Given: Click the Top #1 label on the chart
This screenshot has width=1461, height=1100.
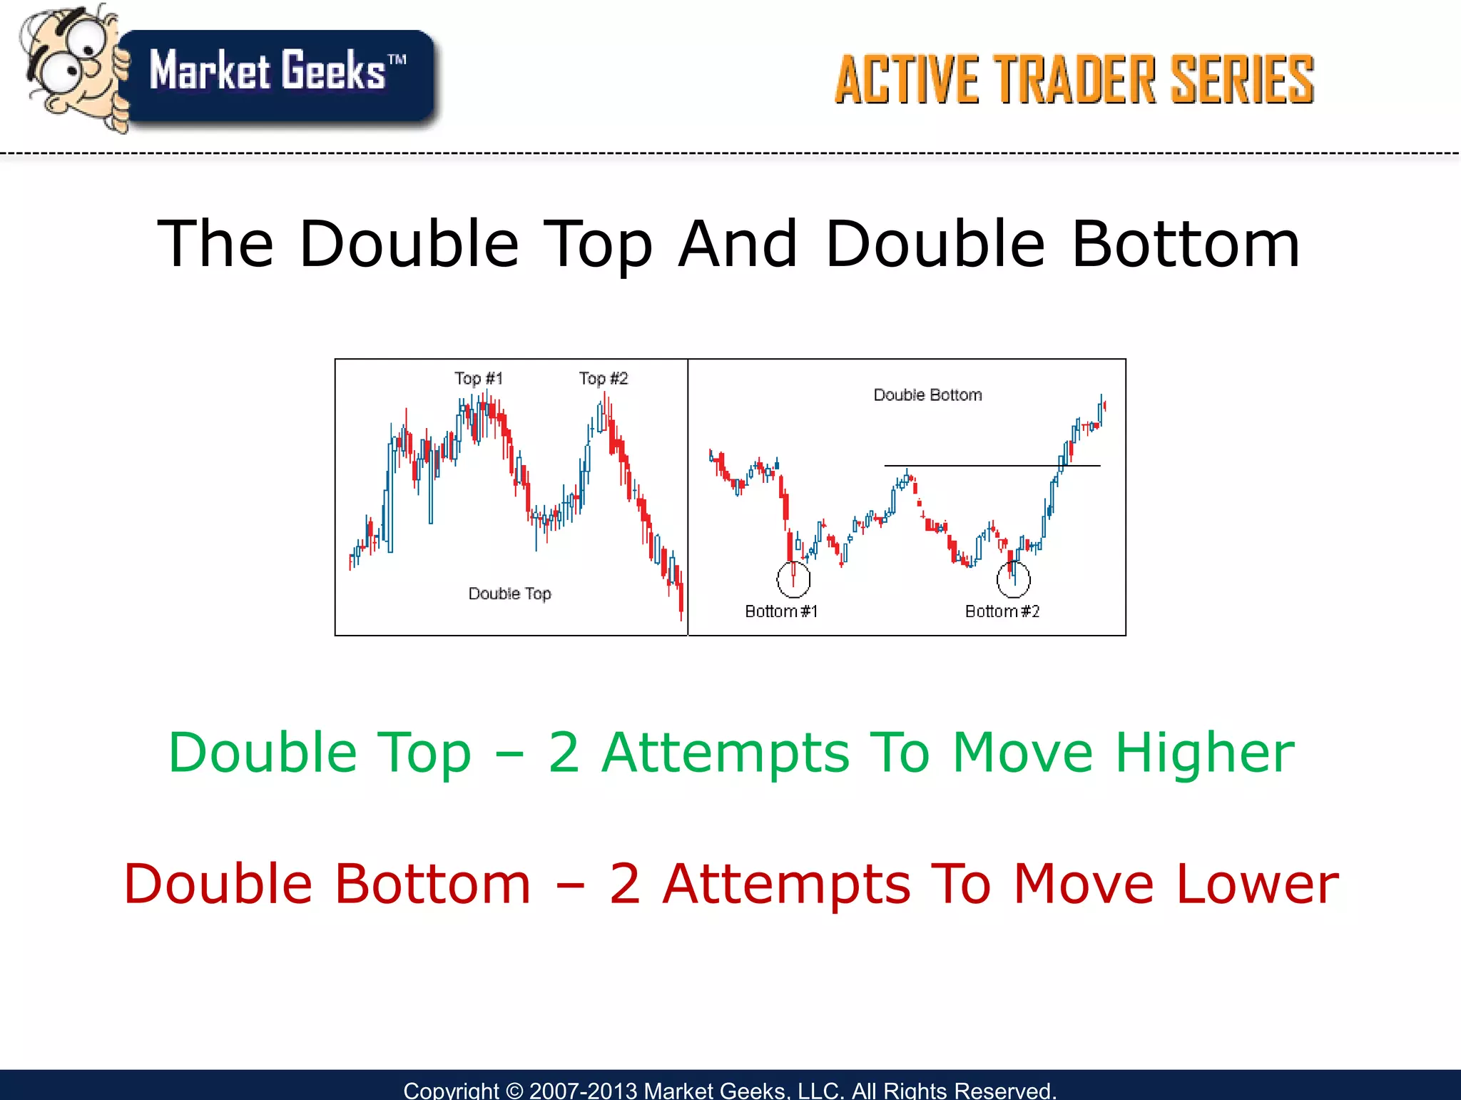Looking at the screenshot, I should (x=479, y=378).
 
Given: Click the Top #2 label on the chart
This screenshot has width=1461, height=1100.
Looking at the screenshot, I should (x=604, y=378).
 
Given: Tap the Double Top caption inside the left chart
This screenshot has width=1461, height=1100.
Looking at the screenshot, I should (x=509, y=594).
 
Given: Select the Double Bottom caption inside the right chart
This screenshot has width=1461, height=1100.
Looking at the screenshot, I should (x=927, y=394).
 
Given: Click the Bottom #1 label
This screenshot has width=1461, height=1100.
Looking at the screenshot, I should (x=781, y=611).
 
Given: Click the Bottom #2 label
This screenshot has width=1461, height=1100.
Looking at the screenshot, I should (x=1002, y=611).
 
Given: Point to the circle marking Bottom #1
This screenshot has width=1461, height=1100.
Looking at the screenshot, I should (x=793, y=579).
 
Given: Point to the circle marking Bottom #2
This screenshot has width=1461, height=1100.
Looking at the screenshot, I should (x=1013, y=579).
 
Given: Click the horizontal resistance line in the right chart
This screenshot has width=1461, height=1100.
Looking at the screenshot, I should (x=992, y=466).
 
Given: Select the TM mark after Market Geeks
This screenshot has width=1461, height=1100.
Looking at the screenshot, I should (x=397, y=60).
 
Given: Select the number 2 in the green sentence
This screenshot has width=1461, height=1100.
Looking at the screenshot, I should (x=564, y=753).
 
